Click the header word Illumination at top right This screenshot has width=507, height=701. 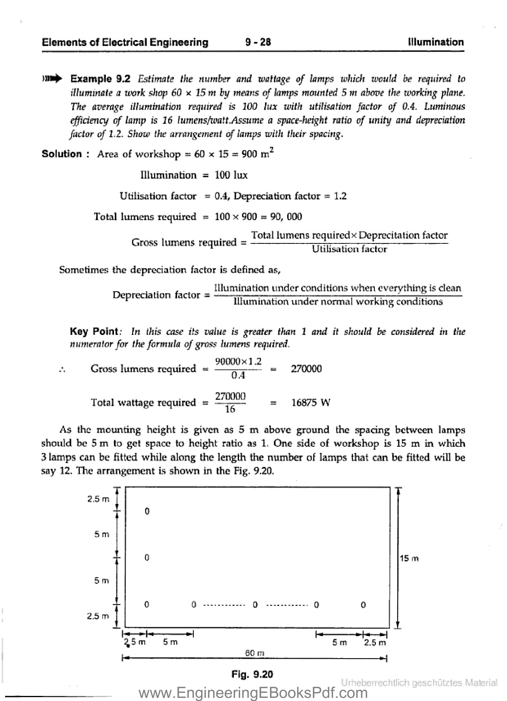point(436,42)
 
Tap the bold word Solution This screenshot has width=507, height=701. point(61,154)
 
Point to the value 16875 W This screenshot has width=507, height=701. point(311,402)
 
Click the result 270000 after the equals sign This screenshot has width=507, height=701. point(306,368)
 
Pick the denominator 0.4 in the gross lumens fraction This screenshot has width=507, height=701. point(238,375)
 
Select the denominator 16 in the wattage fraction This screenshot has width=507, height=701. point(230,409)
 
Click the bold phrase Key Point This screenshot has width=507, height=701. point(94,331)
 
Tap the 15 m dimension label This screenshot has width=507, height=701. point(409,558)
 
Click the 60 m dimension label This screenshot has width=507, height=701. point(255,653)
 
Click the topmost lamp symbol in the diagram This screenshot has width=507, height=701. point(147,511)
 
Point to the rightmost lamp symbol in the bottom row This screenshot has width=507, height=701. point(363,605)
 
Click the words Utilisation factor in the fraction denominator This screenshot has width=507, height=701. point(349,249)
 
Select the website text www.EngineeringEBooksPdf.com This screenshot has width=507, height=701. point(253,693)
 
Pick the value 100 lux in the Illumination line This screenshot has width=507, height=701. point(231,175)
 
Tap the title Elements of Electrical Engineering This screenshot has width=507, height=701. point(125,42)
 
